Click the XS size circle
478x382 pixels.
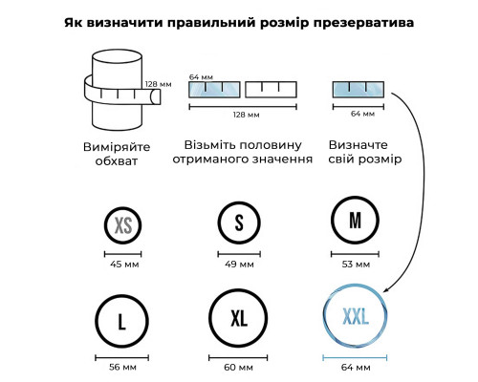point(105,225)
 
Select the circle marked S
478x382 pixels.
point(219,223)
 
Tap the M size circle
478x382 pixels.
point(333,220)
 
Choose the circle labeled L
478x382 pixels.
point(97,321)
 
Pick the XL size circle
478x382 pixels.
point(210,318)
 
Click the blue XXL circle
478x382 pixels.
point(324,316)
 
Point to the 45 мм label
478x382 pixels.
point(124,265)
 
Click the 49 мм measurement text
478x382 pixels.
point(239,265)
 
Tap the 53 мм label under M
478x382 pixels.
point(356,265)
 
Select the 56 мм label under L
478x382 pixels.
point(122,368)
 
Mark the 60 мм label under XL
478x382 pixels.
point(238,368)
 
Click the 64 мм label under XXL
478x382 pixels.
point(356,368)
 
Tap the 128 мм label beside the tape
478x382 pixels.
point(159,84)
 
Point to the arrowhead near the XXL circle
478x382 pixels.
point(386,289)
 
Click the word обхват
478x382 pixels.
point(117,160)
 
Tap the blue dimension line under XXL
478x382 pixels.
point(355,358)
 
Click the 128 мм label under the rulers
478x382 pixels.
point(246,115)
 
